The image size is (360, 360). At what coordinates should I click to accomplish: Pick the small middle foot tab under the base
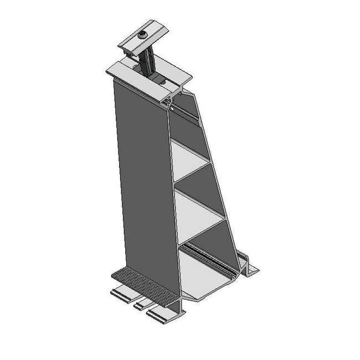[x=142, y=304]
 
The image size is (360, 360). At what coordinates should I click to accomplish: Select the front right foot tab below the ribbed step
[x=163, y=315]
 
